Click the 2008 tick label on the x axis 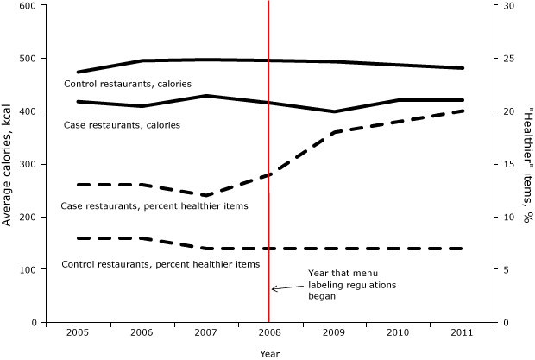click(269, 332)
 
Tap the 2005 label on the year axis click(78, 332)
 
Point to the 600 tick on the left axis click(28, 6)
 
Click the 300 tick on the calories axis click(28, 164)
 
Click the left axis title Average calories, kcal click(8, 163)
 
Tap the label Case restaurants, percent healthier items click(154, 206)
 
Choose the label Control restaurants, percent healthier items click(160, 263)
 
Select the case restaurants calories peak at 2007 click(205, 96)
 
